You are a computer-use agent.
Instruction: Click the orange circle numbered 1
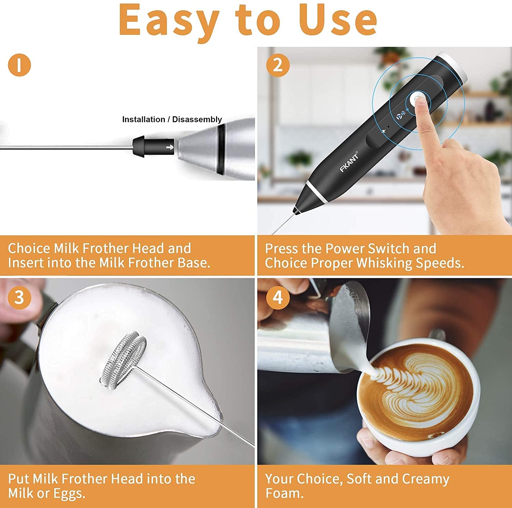[19, 65]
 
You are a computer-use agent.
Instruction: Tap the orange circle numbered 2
[278, 65]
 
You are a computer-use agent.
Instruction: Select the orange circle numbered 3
[19, 297]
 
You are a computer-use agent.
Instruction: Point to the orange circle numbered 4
[278, 297]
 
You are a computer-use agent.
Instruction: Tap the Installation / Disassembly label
[172, 119]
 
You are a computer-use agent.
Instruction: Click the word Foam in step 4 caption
[284, 493]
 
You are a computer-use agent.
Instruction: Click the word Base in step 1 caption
[194, 263]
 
